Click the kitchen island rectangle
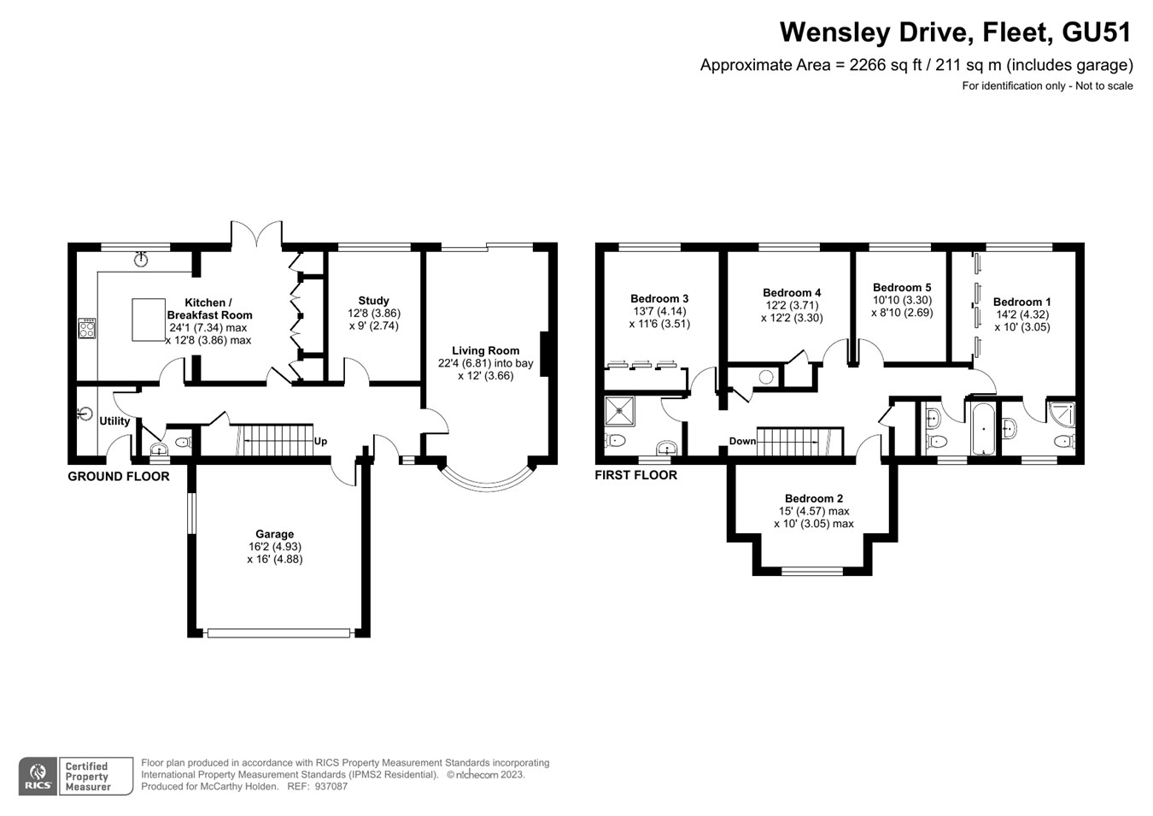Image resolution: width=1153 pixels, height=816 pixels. (149, 320)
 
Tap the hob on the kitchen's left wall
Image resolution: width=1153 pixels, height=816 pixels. (86, 328)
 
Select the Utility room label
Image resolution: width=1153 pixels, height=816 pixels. (114, 421)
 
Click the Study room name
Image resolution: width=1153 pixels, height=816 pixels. (373, 301)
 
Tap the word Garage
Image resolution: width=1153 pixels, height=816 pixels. (274, 534)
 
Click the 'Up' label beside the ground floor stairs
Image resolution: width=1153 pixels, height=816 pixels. (320, 442)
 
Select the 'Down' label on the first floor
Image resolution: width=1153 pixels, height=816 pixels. (742, 442)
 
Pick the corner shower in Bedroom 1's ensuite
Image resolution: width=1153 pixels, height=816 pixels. (1062, 414)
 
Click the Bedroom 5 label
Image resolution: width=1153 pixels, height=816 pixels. (902, 287)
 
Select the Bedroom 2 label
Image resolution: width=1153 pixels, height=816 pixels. (814, 498)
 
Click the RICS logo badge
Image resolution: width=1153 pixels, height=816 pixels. (38, 777)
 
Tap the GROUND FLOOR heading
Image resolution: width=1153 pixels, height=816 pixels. (119, 476)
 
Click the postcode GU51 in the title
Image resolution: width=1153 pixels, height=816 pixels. (1096, 32)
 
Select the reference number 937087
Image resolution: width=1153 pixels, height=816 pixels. (331, 786)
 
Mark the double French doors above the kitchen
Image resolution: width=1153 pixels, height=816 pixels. (256, 234)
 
